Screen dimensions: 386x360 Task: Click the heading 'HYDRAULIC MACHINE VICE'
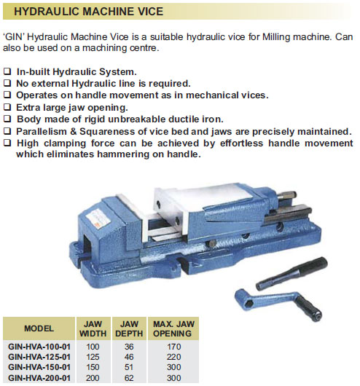pos(89,12)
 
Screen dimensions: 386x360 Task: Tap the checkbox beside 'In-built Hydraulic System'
pos(7,73)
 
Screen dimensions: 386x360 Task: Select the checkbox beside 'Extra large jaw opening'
pos(7,107)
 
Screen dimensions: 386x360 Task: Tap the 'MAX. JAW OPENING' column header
pos(173,328)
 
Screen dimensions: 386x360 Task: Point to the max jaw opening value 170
pos(173,346)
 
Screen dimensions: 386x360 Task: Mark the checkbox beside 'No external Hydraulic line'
pos(7,84)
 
